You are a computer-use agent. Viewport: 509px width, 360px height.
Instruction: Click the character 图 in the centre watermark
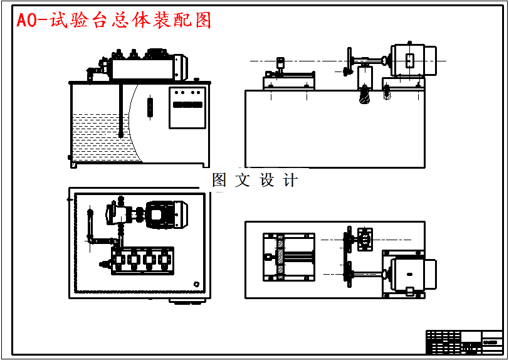pyautogui.click(x=219, y=181)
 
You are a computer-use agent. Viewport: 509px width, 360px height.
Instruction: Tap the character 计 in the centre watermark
pyautogui.click(x=290, y=181)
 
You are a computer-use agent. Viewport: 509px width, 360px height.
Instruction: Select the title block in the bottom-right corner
pyautogui.click(x=464, y=342)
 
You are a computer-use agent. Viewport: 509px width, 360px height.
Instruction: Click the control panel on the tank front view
pyautogui.click(x=188, y=107)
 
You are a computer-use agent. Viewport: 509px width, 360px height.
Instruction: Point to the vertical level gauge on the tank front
pyautogui.click(x=150, y=106)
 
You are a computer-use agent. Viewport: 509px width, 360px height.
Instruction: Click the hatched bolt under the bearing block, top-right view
pyautogui.click(x=364, y=95)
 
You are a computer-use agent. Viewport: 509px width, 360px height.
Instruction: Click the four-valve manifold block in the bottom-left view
pyautogui.click(x=142, y=260)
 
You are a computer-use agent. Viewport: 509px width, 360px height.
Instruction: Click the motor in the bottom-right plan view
pyautogui.click(x=411, y=275)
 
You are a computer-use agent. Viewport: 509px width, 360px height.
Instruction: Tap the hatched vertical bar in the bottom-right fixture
pyautogui.click(x=280, y=256)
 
